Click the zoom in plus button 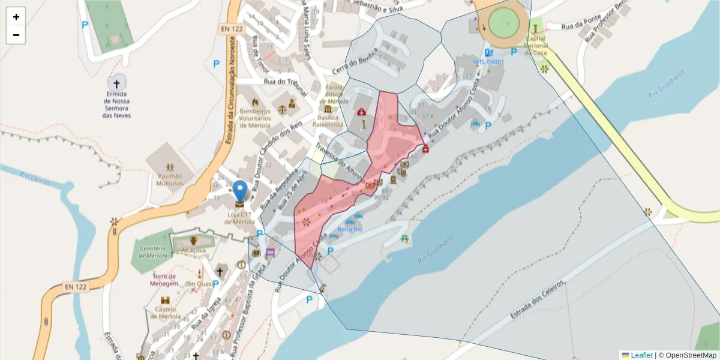click(x=16, y=17)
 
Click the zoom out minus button click(x=16, y=35)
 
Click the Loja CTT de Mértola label click(x=240, y=218)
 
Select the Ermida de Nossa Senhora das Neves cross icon click(x=116, y=83)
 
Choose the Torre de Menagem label click(x=163, y=280)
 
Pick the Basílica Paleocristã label click(x=328, y=121)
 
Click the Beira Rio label click(x=350, y=229)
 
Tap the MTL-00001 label click(x=489, y=62)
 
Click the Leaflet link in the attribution click(x=641, y=355)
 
